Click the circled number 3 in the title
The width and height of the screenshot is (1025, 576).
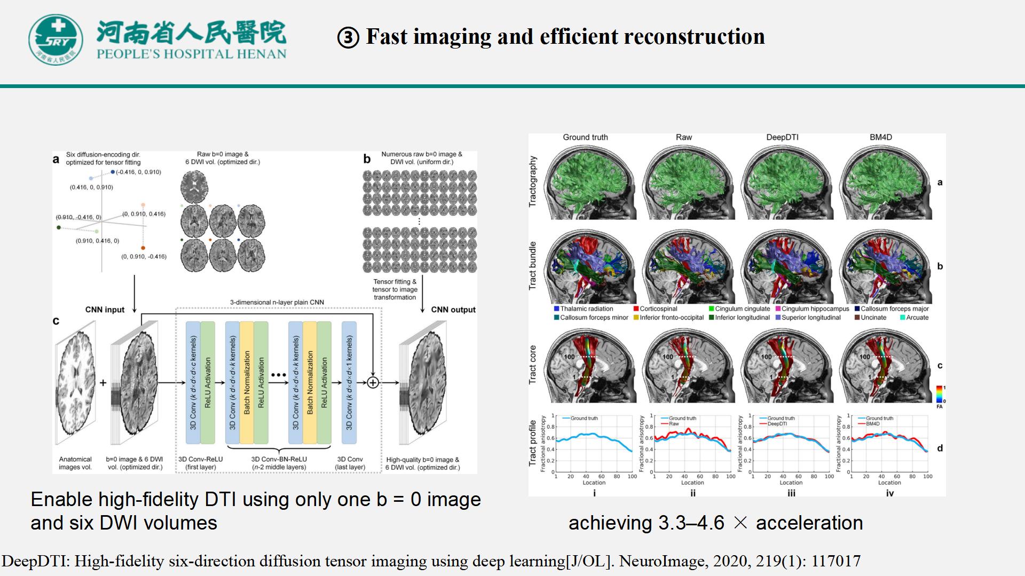pyautogui.click(x=348, y=38)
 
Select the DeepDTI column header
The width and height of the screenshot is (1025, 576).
pyautogui.click(x=782, y=137)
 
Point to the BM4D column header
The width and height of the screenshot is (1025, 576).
pyautogui.click(x=880, y=137)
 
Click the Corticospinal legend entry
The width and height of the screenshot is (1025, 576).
pyautogui.click(x=655, y=309)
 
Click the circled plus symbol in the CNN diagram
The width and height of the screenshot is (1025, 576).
pyautogui.click(x=373, y=382)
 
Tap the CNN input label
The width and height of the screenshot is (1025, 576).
pyautogui.click(x=105, y=310)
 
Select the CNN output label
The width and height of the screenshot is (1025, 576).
pyautogui.click(x=453, y=310)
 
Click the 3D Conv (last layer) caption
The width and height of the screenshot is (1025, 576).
pyautogui.click(x=350, y=463)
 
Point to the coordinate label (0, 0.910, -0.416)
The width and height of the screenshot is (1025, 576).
pyautogui.click(x=144, y=257)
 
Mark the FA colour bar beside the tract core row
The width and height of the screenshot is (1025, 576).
pyautogui.click(x=940, y=394)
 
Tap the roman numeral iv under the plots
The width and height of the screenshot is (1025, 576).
pyautogui.click(x=890, y=493)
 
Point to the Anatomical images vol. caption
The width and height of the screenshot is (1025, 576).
pyautogui.click(x=75, y=463)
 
